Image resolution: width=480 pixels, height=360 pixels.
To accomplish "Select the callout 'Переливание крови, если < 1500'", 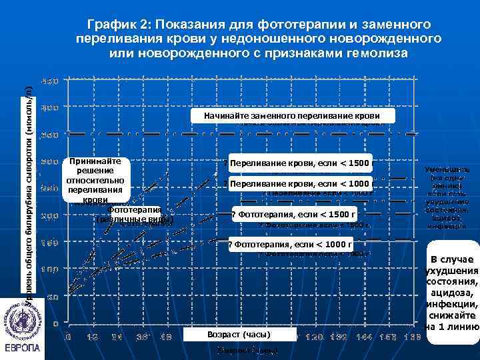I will (297, 163).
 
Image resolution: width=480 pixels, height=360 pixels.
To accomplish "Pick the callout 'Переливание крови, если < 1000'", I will (297, 183).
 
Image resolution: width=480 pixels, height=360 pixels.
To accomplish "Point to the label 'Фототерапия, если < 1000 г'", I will (293, 244).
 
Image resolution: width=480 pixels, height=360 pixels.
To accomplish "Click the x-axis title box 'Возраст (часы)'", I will (238, 333).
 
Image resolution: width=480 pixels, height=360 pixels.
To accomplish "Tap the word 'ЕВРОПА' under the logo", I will (22, 349).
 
